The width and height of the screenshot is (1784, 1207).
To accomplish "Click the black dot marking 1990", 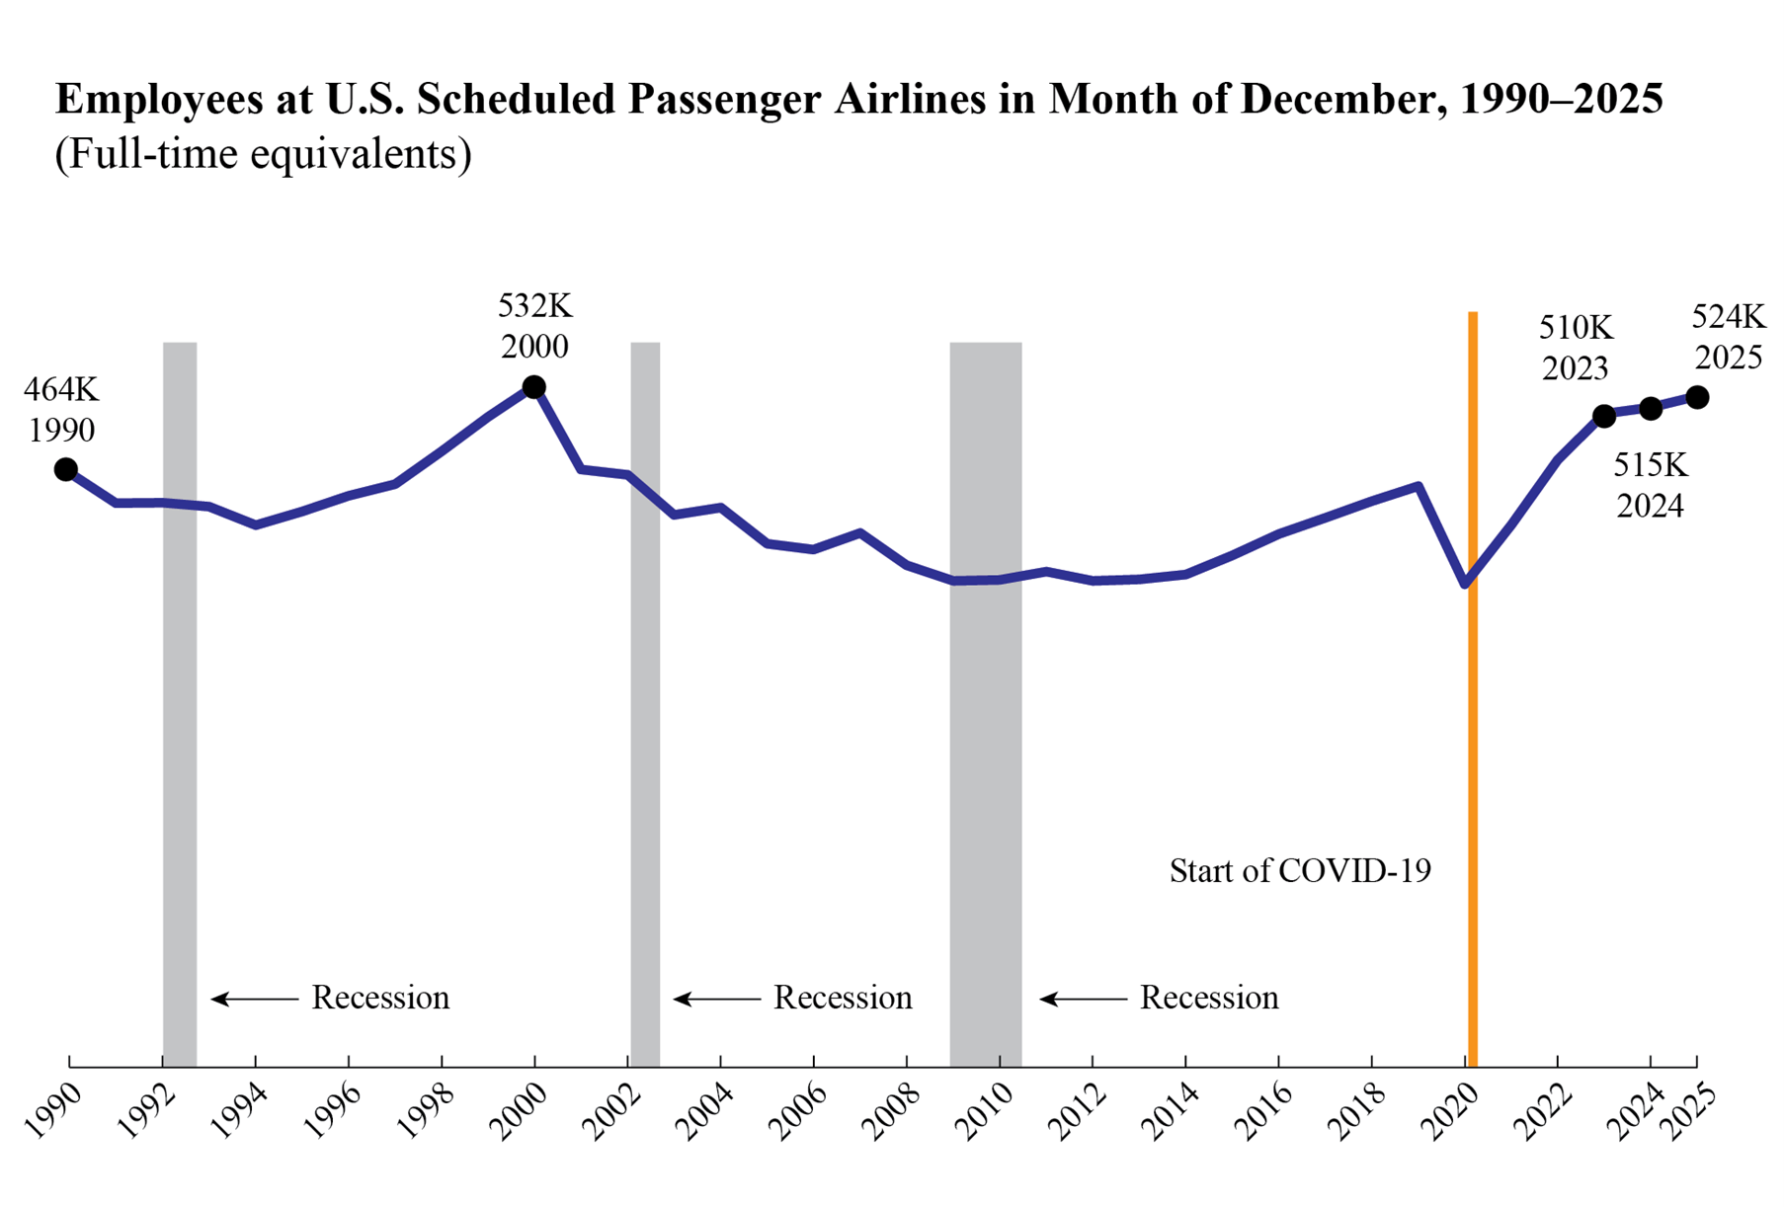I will tap(66, 469).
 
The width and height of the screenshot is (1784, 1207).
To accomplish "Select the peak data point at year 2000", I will tap(533, 386).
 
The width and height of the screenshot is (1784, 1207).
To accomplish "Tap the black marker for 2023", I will tap(1604, 416).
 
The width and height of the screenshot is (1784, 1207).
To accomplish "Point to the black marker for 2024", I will tap(1651, 408).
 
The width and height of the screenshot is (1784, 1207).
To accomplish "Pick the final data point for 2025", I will tap(1697, 397).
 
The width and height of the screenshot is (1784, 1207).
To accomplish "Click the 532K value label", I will tap(534, 306).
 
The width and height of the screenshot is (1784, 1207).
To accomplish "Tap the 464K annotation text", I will tap(61, 389).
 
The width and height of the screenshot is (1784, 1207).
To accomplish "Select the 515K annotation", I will tap(1651, 464).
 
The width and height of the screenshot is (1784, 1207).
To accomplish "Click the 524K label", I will tap(1728, 316).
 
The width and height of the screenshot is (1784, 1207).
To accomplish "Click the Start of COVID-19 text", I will tap(1300, 870).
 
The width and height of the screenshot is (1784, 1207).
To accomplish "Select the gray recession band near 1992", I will tap(180, 691).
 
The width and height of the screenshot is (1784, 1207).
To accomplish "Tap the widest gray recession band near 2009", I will tap(985, 691).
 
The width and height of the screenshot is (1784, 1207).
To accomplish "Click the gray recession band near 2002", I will tap(645, 691).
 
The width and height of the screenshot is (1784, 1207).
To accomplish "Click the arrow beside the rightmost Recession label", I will tap(1083, 999).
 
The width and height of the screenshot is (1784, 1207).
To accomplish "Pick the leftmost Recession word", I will tap(380, 998).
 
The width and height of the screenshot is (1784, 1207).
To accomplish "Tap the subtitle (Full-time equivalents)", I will tap(263, 154).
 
